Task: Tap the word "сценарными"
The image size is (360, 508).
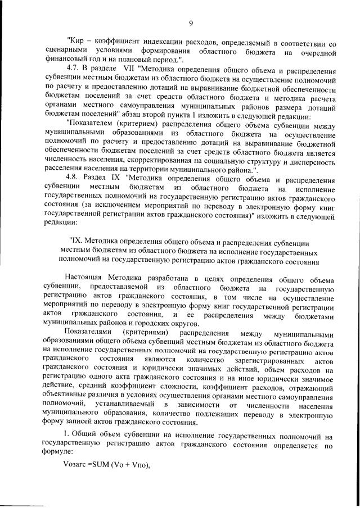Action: click(x=64, y=52)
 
